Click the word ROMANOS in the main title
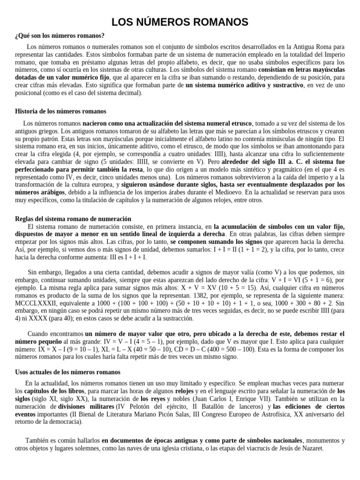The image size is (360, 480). (217, 22)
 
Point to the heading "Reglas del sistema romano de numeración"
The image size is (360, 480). (73, 219)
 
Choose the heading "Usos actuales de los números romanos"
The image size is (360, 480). (68, 372)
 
